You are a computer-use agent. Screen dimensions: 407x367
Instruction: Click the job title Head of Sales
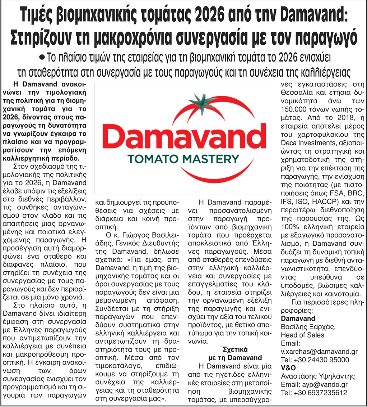click(x=302, y=335)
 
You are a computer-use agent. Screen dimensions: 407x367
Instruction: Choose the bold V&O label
click(x=288, y=368)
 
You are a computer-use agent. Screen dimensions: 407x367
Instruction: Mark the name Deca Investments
click(x=304, y=142)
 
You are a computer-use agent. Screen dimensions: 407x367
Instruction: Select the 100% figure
click(x=291, y=226)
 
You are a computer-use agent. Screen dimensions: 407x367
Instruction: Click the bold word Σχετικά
click(x=236, y=349)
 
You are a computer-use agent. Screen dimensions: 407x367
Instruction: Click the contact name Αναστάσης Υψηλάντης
click(x=318, y=376)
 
